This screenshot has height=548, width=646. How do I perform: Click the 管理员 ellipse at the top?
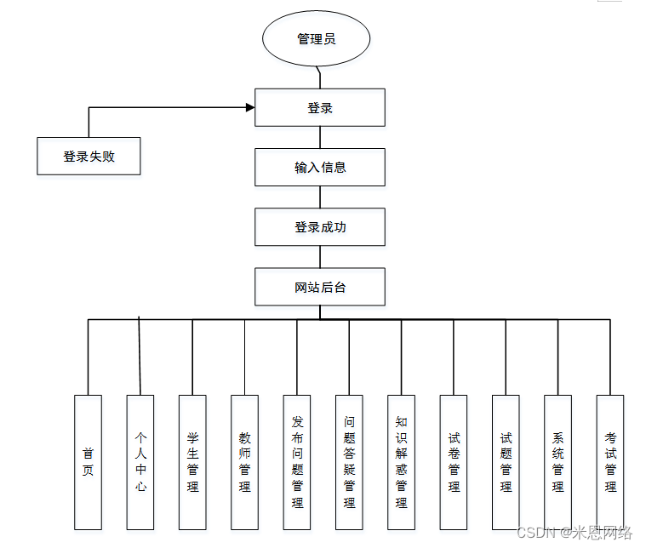pyautogui.click(x=317, y=39)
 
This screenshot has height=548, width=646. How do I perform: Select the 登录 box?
pyautogui.click(x=320, y=107)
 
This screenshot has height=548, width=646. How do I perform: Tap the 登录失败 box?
pyautogui.click(x=89, y=157)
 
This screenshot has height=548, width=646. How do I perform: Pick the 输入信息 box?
pyautogui.click(x=320, y=167)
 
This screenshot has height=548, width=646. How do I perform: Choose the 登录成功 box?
pyautogui.click(x=320, y=227)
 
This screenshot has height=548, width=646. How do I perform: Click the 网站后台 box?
pyautogui.click(x=320, y=287)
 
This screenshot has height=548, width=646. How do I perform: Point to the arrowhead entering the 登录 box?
pyautogui.click(x=250, y=107)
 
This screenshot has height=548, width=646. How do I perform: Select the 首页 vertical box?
pyautogui.click(x=88, y=461)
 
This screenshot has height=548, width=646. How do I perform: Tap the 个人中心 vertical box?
pyautogui.click(x=140, y=461)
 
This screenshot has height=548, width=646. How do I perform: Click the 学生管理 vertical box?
pyautogui.click(x=192, y=461)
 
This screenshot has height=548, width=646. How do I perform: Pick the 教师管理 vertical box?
pyautogui.click(x=244, y=461)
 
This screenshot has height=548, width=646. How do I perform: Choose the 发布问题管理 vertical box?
pyautogui.click(x=297, y=461)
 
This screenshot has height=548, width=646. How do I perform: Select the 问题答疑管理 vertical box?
pyautogui.click(x=349, y=461)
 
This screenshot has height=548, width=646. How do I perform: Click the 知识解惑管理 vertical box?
pyautogui.click(x=401, y=461)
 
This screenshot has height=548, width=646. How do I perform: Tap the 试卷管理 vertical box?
pyautogui.click(x=454, y=461)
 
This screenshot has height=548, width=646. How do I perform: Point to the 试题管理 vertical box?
pyautogui.click(x=506, y=461)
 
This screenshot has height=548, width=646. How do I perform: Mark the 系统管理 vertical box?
pyautogui.click(x=557, y=461)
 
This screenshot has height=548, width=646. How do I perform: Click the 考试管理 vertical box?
pyautogui.click(x=610, y=461)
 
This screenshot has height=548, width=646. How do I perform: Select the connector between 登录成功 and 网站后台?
pyautogui.click(x=320, y=257)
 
